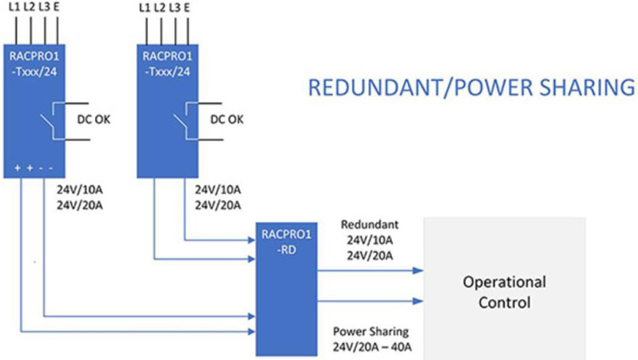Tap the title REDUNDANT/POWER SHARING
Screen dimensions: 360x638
coord(471,87)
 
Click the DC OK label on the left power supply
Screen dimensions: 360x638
coord(94,119)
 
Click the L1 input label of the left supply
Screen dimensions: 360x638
coord(15,8)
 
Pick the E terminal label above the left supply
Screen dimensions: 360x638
coord(57,8)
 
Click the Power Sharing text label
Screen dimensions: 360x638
coord(371,332)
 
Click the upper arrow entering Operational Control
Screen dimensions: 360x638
coord(418,270)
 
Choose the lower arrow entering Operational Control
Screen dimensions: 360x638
coord(418,301)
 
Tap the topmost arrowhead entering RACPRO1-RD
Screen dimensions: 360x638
coord(250,241)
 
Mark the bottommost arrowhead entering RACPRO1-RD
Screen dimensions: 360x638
coord(250,331)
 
